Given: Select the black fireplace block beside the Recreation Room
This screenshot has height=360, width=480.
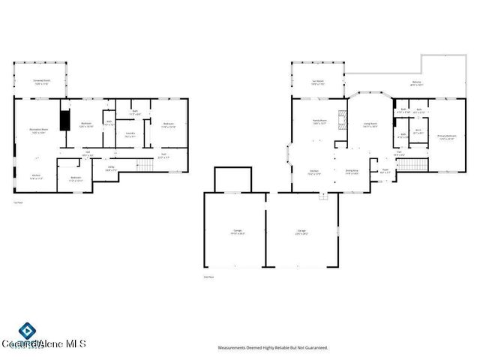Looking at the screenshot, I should (x=65, y=121).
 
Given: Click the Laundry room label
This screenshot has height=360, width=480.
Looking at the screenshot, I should (x=130, y=136).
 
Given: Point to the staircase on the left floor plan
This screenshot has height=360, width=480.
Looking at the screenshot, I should (x=144, y=164).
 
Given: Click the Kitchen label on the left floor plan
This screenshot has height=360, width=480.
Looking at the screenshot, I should (x=36, y=178).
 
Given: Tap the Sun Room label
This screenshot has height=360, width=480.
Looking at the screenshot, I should (x=318, y=82).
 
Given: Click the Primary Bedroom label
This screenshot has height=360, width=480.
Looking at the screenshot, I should (x=446, y=136).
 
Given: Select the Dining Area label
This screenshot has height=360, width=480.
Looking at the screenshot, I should (x=352, y=172).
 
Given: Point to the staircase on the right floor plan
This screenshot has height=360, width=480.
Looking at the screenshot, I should (x=410, y=163).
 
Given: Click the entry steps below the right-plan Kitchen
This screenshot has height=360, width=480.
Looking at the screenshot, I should (x=324, y=196).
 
